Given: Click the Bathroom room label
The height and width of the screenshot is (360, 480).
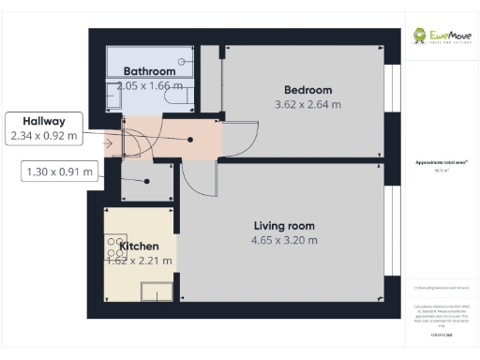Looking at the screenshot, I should pos(150,71).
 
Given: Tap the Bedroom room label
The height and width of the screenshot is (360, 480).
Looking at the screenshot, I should pos(308,90).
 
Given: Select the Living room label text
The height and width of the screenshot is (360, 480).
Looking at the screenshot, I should pos(284,226).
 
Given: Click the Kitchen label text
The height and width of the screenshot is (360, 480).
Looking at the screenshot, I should pos(138,246).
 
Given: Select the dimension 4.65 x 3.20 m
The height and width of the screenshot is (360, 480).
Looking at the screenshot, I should pos(284,240).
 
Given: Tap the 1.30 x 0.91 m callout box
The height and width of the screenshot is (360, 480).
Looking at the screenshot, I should pos(61,171).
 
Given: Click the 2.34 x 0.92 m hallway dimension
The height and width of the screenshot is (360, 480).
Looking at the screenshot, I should pos(43,136).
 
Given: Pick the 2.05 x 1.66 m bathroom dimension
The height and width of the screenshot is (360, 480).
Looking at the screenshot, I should pos(145,86).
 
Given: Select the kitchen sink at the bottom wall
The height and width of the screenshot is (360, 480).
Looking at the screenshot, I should pos(157,292).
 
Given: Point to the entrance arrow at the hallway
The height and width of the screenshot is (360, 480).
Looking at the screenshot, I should pos(110,142).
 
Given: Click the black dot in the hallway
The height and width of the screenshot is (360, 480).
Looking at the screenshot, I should pos(191,139).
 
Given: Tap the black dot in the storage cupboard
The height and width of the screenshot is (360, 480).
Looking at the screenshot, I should pos(146,182).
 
